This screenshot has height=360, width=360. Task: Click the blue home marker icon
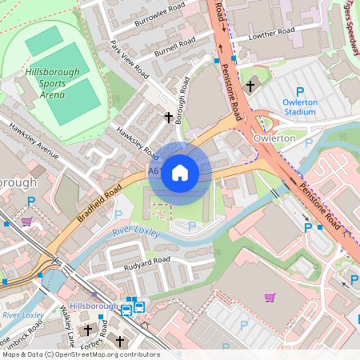180,173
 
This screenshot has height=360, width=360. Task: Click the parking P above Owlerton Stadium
300,92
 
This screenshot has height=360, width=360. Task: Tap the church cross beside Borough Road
168,118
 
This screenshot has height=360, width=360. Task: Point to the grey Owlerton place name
274,138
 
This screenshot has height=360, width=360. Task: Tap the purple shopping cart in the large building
270,298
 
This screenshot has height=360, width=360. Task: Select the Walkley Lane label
66,328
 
